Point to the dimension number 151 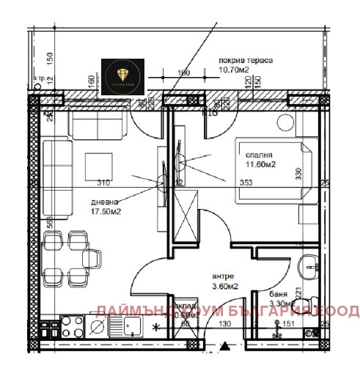287,323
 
